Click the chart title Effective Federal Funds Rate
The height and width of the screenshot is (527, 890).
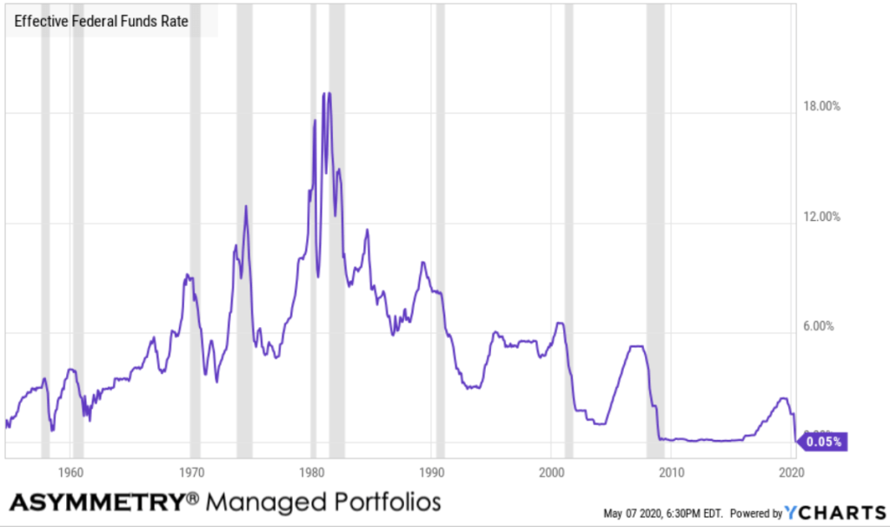click(x=101, y=21)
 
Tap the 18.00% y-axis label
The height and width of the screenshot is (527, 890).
click(x=820, y=107)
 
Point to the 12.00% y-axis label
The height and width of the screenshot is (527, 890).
click(x=820, y=217)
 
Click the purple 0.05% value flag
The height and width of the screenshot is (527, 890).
click(x=822, y=442)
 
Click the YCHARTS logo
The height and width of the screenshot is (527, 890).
click(x=835, y=512)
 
